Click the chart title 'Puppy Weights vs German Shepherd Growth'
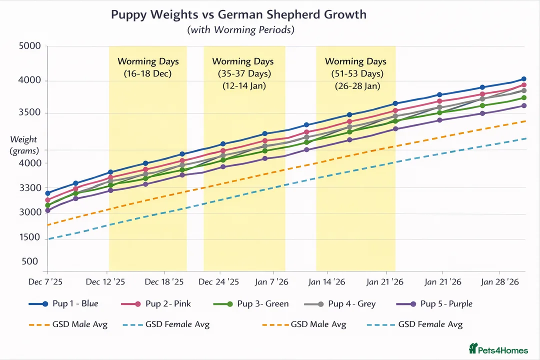tap(238, 14)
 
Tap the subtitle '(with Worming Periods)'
tap(240, 30)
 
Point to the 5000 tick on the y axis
tap(29, 47)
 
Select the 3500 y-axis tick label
tap(29, 113)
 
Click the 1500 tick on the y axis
tap(29, 237)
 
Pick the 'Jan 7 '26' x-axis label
tap(272, 282)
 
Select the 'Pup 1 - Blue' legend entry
tap(64, 304)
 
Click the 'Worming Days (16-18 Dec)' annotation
tap(148, 67)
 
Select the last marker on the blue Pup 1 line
tap(523, 79)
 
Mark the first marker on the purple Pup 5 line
tap(47, 210)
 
